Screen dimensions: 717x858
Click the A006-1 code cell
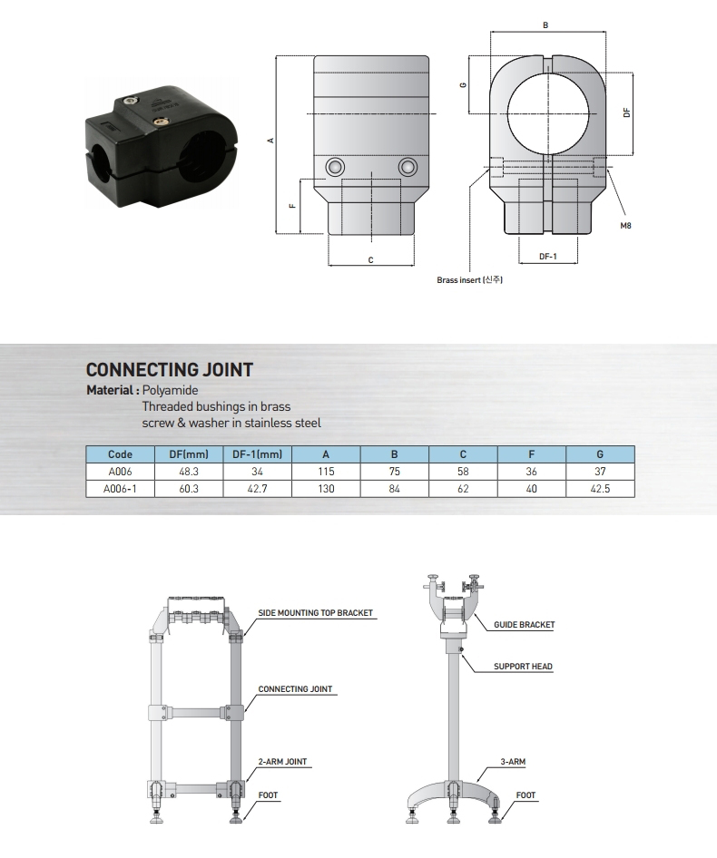pos(120,489)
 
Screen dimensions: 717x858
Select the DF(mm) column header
pos(189,454)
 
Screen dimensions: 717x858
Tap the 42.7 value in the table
pos(257,489)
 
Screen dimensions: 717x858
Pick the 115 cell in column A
pos(326,471)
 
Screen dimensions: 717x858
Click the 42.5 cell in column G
pos(600,489)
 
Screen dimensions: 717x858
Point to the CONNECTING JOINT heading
pos(169,370)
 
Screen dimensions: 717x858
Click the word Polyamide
pos(170,390)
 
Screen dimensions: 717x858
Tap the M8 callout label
pos(625,226)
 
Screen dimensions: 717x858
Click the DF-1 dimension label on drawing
pos(548,256)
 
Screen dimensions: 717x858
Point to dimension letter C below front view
pos(371,260)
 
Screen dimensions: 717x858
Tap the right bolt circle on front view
pos(408,166)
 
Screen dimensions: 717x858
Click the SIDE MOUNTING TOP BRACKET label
pos(315,613)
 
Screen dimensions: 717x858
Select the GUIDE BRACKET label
pos(525,624)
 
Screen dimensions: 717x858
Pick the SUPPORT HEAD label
pos(523,667)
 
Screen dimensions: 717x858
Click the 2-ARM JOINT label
pos(282,761)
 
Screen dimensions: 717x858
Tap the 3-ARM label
pos(513,761)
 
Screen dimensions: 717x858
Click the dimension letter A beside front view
pos(270,141)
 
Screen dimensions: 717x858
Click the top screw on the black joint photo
pos(130,100)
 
